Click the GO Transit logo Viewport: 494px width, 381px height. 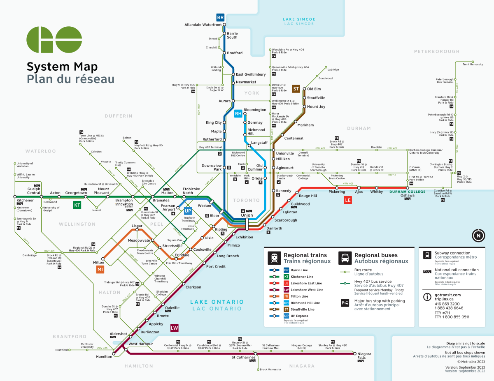coord(54,40)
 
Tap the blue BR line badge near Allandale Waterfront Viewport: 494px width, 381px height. coord(220,18)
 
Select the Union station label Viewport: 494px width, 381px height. coord(247,215)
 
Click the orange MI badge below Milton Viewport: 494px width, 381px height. coord(100,269)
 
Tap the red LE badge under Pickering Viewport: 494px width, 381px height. coord(348,200)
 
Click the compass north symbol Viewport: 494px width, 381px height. coord(478,236)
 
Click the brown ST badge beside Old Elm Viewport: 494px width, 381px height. coord(296,89)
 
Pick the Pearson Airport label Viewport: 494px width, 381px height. coord(168,207)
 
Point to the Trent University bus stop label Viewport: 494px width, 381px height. coord(473,65)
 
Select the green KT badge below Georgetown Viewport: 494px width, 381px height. coord(77,205)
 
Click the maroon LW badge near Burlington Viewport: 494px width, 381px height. coord(175,328)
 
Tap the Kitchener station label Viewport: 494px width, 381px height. coord(25,201)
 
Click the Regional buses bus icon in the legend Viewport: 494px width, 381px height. coord(345,258)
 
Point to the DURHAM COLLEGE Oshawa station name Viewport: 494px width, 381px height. coord(408,192)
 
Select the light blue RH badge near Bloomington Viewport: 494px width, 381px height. coord(238,113)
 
